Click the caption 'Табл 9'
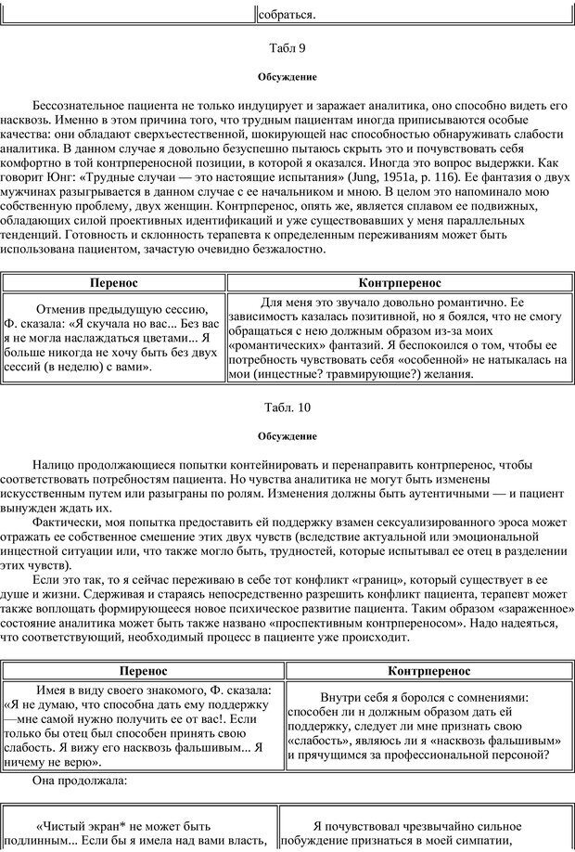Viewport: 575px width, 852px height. point(287,47)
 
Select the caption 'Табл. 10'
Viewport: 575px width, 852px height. point(287,407)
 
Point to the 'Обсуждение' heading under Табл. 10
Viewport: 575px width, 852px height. point(287,435)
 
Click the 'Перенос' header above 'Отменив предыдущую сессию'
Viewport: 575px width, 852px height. point(114,282)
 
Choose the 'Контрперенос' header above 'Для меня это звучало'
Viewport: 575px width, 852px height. point(399,282)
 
